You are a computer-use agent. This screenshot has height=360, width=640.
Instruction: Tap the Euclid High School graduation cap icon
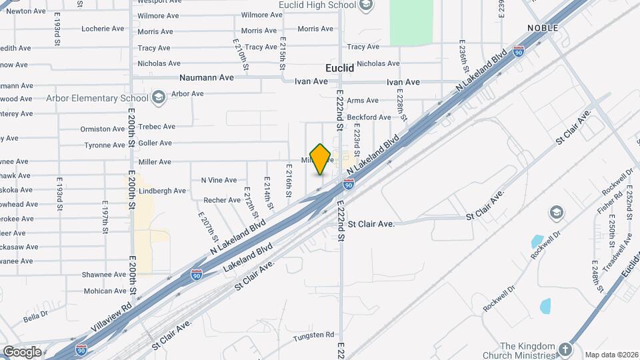click(x=365, y=6)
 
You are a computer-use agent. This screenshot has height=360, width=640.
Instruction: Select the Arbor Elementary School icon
click(x=158, y=98)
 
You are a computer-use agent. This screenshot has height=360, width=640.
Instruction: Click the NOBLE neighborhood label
click(x=542, y=27)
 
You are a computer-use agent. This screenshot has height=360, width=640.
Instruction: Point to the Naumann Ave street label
click(x=207, y=78)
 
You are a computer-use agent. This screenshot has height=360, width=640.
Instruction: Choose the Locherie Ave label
click(x=103, y=29)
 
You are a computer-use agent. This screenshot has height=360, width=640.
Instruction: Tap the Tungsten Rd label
click(x=315, y=335)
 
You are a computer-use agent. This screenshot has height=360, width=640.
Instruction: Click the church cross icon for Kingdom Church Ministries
click(x=565, y=349)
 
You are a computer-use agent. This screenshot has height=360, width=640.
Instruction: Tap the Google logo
click(x=22, y=351)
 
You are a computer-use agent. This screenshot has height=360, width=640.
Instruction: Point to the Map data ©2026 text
click(x=612, y=355)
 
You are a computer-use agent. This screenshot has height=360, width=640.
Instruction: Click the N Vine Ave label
click(x=219, y=180)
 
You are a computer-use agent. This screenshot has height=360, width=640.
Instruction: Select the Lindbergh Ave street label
click(x=162, y=191)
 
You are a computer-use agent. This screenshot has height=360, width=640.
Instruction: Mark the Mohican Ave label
click(x=105, y=291)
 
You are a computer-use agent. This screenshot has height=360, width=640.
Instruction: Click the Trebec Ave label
click(x=157, y=127)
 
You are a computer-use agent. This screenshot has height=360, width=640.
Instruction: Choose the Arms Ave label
click(x=363, y=101)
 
